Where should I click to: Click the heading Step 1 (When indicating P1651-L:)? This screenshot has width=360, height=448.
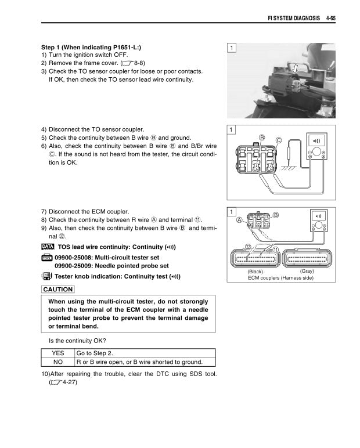coord(91,47)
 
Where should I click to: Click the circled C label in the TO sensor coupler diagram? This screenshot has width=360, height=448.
coord(279,140)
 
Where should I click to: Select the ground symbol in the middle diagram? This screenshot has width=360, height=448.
coord(286,168)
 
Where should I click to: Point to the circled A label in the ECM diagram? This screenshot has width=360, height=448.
coord(239,221)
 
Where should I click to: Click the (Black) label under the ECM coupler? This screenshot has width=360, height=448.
coord(256,271)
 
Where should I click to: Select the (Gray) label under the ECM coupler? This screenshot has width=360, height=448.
coord(307,271)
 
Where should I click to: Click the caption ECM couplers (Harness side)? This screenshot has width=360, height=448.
coord(280,278)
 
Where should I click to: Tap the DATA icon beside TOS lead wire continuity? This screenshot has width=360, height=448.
coord(48,248)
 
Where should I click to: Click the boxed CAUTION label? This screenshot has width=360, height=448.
coord(58,289)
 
